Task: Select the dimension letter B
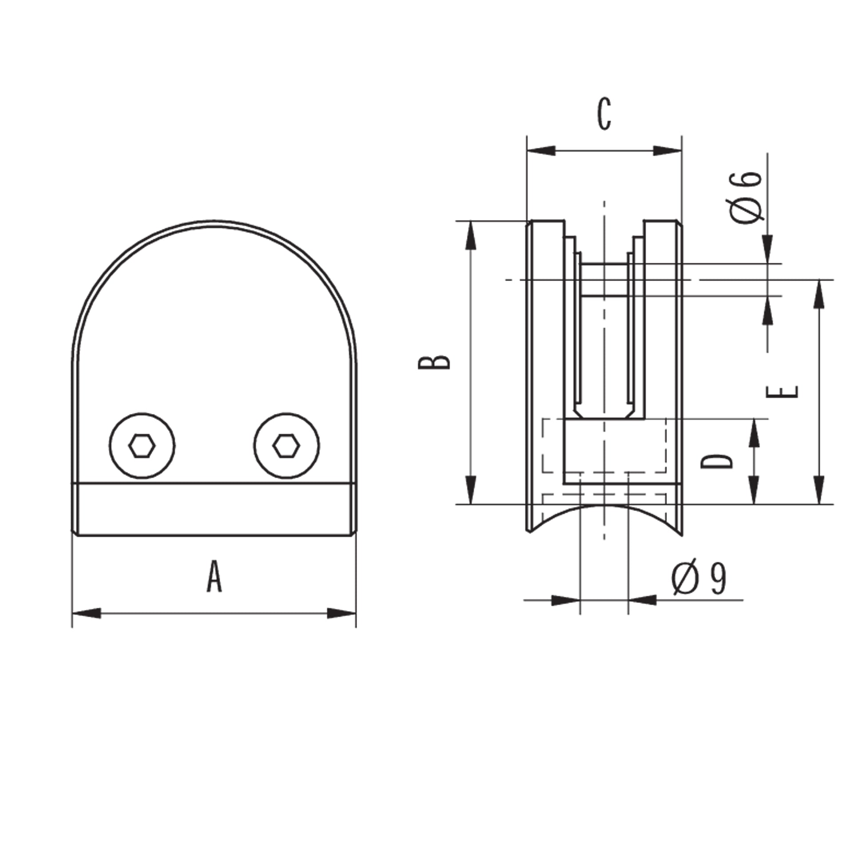(434, 363)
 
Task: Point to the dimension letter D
(717, 461)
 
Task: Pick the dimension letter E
(782, 392)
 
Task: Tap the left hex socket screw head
(142, 445)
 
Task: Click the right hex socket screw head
(286, 445)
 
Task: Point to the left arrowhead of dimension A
(86, 613)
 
